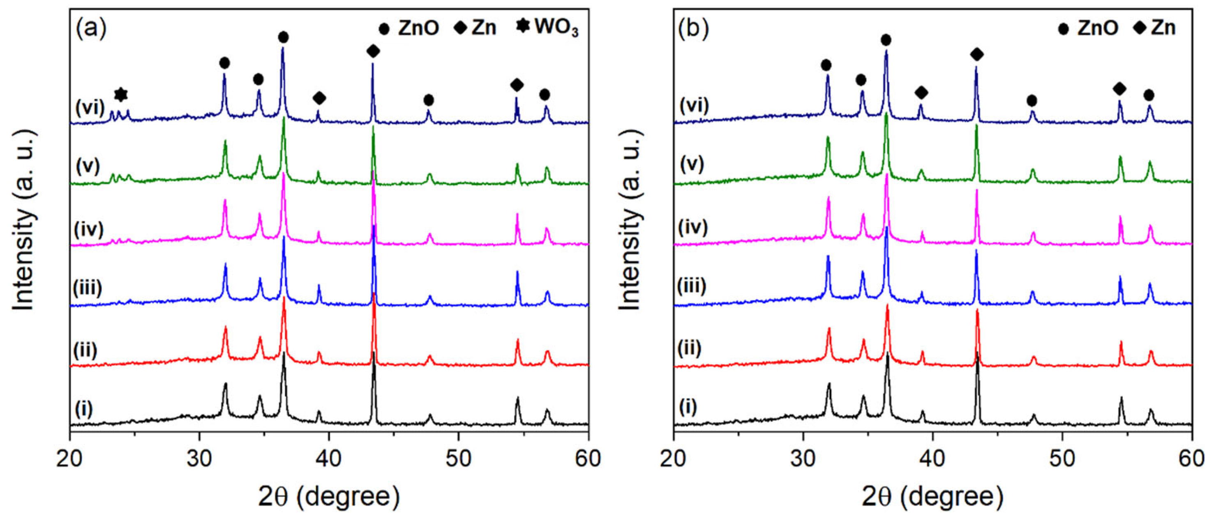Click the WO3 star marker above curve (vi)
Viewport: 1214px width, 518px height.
[x=121, y=95]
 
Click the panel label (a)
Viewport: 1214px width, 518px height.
[x=91, y=28]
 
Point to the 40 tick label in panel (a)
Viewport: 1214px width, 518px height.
[x=328, y=458]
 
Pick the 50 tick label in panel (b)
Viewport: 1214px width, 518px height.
[x=1062, y=458]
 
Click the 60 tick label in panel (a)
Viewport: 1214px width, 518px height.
[x=588, y=458]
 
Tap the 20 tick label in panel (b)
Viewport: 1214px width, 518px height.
[x=674, y=458]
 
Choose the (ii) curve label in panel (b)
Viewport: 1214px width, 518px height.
[x=690, y=347]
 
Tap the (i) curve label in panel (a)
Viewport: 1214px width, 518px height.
[x=84, y=408]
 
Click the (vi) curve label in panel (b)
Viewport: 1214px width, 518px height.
[x=694, y=105]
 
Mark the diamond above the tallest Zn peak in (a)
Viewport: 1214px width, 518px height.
[x=373, y=51]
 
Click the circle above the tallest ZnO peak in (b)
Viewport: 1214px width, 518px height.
[x=886, y=40]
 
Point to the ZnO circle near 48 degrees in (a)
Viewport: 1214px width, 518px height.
[x=428, y=100]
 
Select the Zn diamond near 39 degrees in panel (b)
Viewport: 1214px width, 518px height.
[x=921, y=93]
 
